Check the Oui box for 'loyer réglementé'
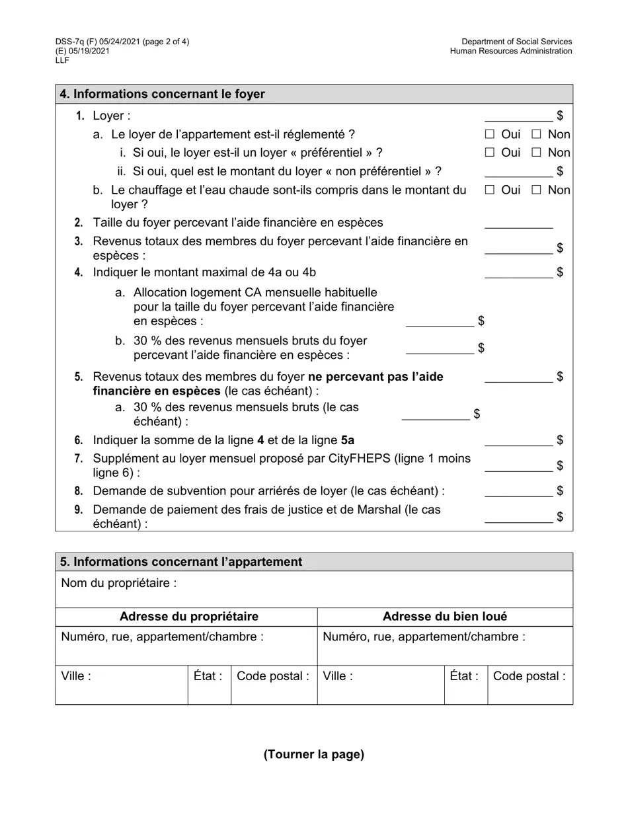(x=489, y=134)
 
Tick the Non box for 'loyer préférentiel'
(x=536, y=153)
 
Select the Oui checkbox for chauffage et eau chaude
(x=489, y=190)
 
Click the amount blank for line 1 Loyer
(x=518, y=117)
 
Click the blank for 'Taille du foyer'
(x=518, y=223)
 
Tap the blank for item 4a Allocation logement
(x=440, y=322)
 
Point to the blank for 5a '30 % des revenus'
(x=436, y=415)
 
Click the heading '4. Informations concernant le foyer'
(x=163, y=95)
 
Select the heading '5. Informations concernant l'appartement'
(x=181, y=562)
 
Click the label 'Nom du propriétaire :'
(x=119, y=583)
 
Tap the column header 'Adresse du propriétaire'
(x=189, y=617)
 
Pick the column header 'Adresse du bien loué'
(x=445, y=617)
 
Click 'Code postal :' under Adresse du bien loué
(x=529, y=676)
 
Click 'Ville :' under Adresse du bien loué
(x=337, y=676)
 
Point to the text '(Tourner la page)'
(x=314, y=754)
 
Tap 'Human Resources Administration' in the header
(x=511, y=52)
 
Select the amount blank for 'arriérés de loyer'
(x=518, y=492)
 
